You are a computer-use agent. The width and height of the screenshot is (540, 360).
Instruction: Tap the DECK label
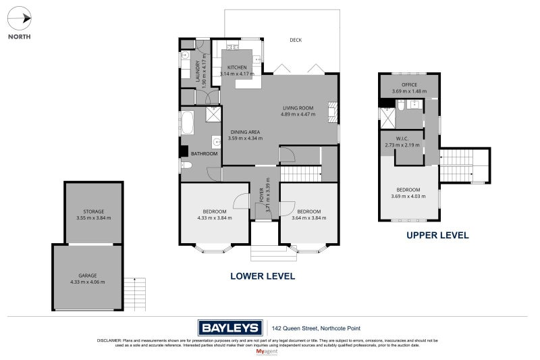[x=296, y=40]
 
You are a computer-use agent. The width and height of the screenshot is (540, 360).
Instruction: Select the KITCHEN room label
[x=237, y=68]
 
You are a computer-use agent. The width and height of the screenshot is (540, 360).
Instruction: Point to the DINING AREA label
[x=245, y=132]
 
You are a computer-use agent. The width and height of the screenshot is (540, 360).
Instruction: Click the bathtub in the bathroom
[x=188, y=125]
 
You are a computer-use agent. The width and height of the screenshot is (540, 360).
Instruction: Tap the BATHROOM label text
[x=204, y=154]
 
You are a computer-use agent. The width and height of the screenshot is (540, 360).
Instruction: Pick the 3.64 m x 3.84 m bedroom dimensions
[x=309, y=218]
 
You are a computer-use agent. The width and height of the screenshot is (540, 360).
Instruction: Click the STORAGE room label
[x=94, y=211]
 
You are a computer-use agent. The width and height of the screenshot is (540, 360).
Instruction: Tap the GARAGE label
[x=87, y=275]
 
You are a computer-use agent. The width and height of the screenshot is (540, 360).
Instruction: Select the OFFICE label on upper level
[x=410, y=84]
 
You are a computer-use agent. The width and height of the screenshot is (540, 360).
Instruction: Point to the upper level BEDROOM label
[x=410, y=190]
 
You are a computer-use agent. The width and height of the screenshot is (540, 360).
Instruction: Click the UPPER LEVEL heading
[x=437, y=236]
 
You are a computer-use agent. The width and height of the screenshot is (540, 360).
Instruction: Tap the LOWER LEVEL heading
[x=263, y=276]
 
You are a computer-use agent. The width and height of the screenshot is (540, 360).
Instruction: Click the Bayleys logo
[x=230, y=328]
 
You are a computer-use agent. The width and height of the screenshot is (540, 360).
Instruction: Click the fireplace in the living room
[x=331, y=110]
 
